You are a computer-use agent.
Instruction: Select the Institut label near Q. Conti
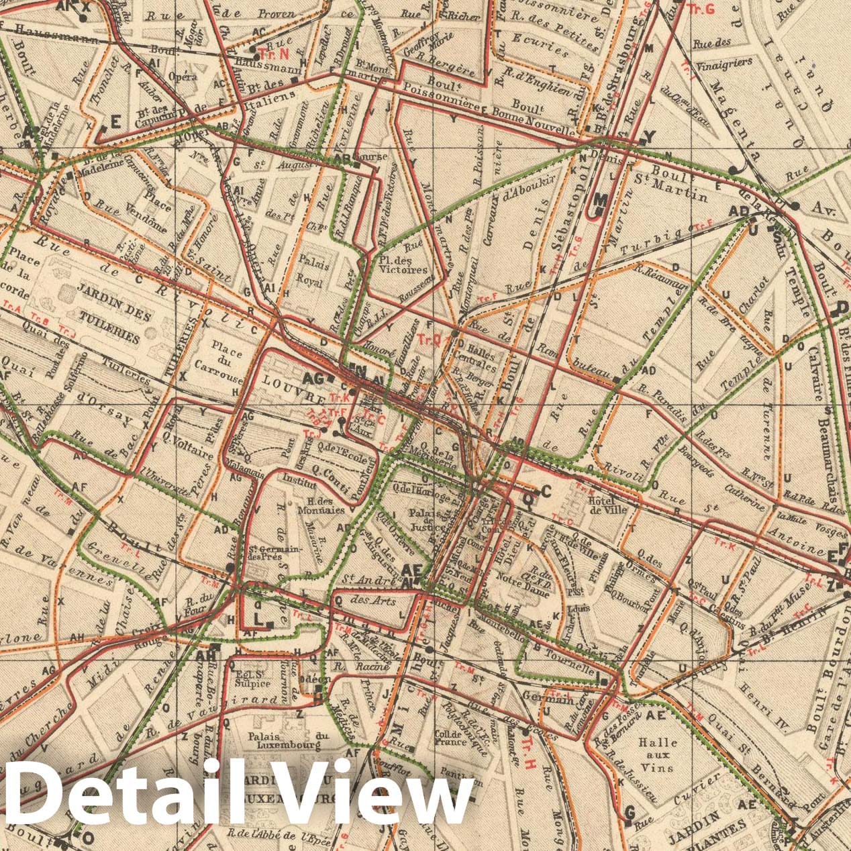pos(299,481)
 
